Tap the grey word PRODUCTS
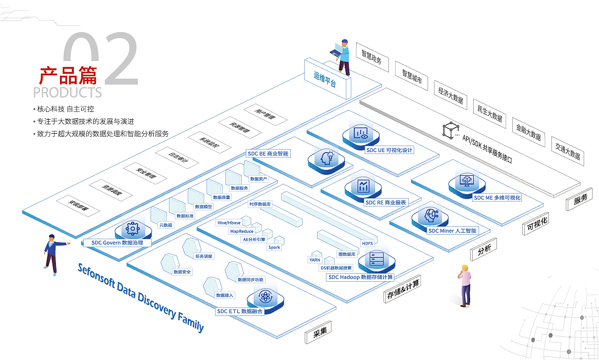pos(67,92)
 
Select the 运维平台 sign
pos(326,79)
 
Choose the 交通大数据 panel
pos(567,151)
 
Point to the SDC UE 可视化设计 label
pos(389,150)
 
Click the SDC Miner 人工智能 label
pos(452,230)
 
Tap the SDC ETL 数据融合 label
pos(240,311)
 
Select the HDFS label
pos(367,243)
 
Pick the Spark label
pos(274,247)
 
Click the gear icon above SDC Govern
pos(132,228)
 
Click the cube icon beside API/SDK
pos(448,130)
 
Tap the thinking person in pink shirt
pos(465,285)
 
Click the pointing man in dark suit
pos(52,253)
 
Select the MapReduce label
pos(241,231)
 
